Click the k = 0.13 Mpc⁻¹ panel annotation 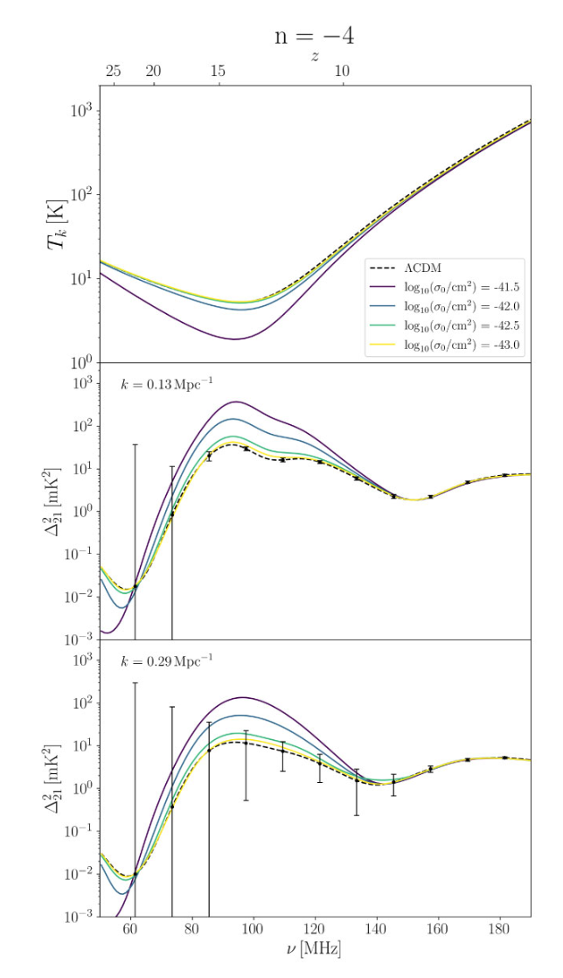pyautogui.click(x=165, y=385)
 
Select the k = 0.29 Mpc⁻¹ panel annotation pyautogui.click(x=165, y=660)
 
